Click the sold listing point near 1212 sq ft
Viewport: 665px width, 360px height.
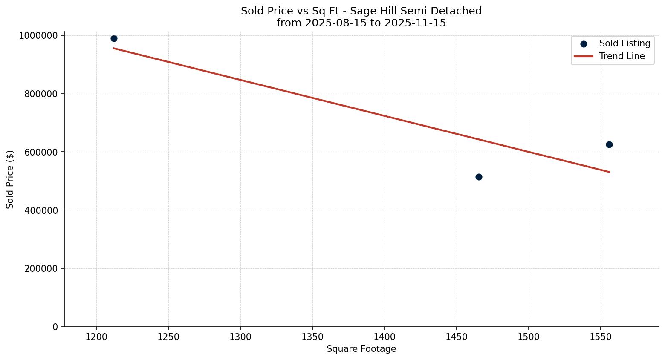pos(114,39)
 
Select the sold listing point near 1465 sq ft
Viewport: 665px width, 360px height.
pos(479,177)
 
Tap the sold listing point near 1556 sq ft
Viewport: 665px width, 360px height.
pos(609,145)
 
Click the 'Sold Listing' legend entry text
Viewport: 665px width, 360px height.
pos(625,43)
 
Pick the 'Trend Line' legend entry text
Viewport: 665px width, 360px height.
pos(622,56)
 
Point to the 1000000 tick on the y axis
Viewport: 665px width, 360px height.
pos(38,36)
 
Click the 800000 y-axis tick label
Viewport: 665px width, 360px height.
pos(41,94)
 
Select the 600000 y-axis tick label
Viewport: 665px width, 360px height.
pos(41,152)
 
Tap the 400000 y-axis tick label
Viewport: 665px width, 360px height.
pos(41,210)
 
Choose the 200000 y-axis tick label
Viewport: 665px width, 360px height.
pos(41,269)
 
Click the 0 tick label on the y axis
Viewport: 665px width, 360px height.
pos(55,327)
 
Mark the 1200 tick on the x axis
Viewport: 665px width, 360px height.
pos(96,337)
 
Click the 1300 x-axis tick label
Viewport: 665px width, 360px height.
pos(240,337)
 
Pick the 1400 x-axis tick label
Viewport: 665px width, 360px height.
pos(385,337)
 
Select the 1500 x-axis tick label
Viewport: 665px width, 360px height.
pos(529,337)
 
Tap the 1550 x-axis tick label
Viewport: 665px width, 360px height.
pos(601,337)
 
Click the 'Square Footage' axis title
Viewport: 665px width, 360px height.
pos(361,349)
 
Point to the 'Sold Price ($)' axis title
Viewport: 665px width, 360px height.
pos(10,179)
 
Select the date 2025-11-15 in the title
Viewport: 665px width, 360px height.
pos(415,23)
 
